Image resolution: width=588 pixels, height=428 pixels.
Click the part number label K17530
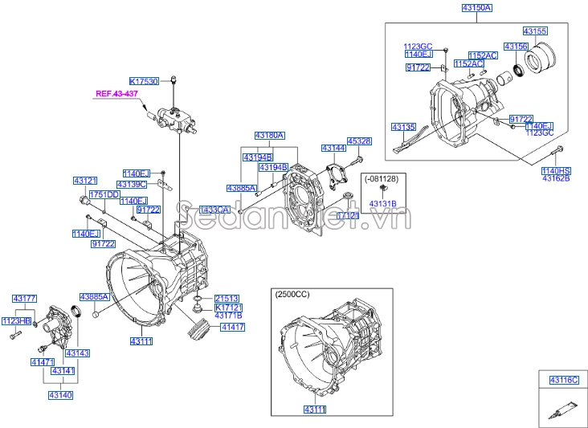144,81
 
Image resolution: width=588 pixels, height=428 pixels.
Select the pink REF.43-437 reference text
117,94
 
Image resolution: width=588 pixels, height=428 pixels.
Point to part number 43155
535,31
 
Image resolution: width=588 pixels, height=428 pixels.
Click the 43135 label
403,127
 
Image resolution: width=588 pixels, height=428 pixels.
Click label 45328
358,141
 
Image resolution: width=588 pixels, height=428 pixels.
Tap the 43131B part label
383,205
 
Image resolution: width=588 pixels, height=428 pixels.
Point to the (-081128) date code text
383,177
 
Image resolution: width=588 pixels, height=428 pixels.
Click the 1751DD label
104,194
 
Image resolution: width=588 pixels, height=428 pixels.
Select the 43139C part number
135,184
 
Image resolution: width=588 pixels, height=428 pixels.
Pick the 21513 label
227,298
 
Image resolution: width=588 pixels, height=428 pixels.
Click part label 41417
233,327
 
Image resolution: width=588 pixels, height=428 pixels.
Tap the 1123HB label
15,321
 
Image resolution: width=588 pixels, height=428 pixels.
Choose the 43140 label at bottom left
60,395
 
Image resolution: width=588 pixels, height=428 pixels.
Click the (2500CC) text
292,295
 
